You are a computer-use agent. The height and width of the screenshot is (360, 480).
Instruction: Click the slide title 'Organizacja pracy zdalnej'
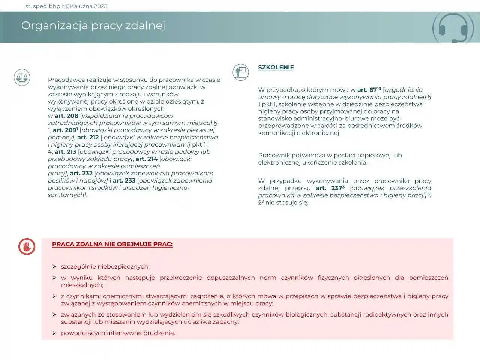(93, 25)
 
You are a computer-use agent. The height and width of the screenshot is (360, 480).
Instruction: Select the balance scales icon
(22, 77)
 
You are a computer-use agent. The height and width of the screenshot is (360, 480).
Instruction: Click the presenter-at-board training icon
(240, 72)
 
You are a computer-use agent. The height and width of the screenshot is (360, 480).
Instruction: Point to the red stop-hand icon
(27, 246)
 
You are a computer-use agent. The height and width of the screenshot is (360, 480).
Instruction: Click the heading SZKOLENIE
(276, 67)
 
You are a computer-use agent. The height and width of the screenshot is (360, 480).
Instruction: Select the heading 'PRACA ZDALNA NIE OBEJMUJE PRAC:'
(112, 244)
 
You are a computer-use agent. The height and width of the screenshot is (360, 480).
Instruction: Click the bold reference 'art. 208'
(66, 116)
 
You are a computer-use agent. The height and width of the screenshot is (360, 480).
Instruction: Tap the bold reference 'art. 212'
(88, 138)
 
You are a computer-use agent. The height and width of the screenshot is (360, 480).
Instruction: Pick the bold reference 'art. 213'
(65, 152)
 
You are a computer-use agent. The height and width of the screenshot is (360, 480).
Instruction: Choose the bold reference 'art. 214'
(146, 159)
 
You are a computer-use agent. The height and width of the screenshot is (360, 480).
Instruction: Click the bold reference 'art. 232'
(81, 174)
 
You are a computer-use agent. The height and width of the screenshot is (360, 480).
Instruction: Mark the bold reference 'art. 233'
(124, 181)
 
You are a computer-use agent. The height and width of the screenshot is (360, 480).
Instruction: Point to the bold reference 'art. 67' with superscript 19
(369, 90)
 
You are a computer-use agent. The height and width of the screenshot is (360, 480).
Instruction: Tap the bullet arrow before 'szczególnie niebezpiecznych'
(54, 267)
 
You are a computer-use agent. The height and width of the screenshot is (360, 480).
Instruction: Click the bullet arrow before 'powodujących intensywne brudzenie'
(54, 333)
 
